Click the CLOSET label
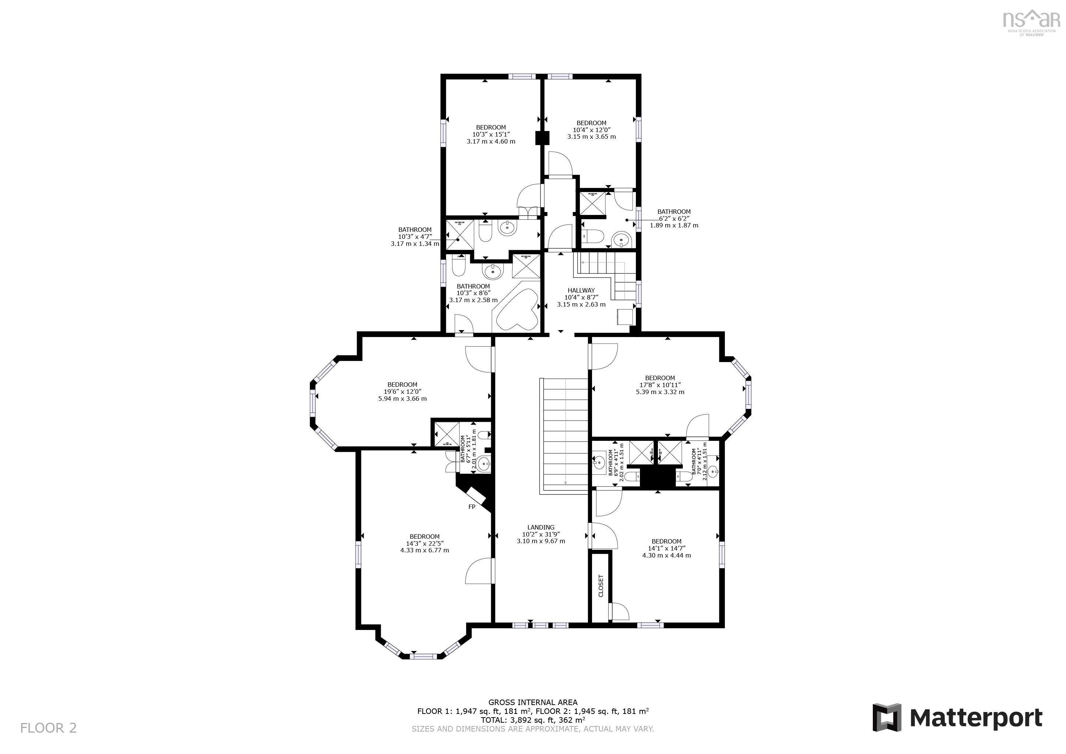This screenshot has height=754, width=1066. [x=601, y=586]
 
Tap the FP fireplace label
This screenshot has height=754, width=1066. [x=472, y=507]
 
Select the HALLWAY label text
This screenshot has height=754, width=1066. [x=581, y=290]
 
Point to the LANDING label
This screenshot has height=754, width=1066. [x=541, y=527]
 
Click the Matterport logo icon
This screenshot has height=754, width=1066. [x=886, y=718]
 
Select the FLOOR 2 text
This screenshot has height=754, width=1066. [x=48, y=728]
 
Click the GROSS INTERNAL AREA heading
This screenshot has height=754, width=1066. [x=533, y=702]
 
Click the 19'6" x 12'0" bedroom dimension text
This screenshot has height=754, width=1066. [x=402, y=392]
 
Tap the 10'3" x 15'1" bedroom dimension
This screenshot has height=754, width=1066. [x=491, y=134]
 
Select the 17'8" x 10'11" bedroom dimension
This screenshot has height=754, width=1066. [x=660, y=385]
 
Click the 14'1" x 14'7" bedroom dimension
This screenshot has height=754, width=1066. [x=666, y=548]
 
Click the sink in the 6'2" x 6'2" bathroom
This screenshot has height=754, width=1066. [x=621, y=240]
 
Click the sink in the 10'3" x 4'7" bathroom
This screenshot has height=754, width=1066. [x=507, y=227]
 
